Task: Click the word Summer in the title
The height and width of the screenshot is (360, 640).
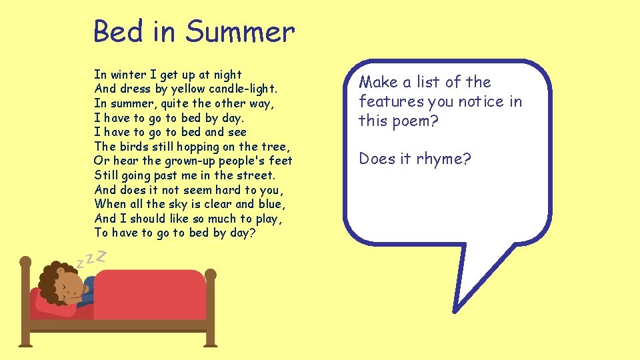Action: pos(240,32)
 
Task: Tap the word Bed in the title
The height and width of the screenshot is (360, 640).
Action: pos(117,32)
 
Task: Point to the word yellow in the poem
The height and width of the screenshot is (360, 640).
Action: pos(189,89)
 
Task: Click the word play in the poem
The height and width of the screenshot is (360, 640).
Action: pos(270,219)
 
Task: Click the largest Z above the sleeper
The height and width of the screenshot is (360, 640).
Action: pos(102,255)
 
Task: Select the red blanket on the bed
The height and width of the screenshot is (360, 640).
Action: pos(150,293)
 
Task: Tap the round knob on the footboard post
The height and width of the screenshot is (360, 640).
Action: pos(210,274)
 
